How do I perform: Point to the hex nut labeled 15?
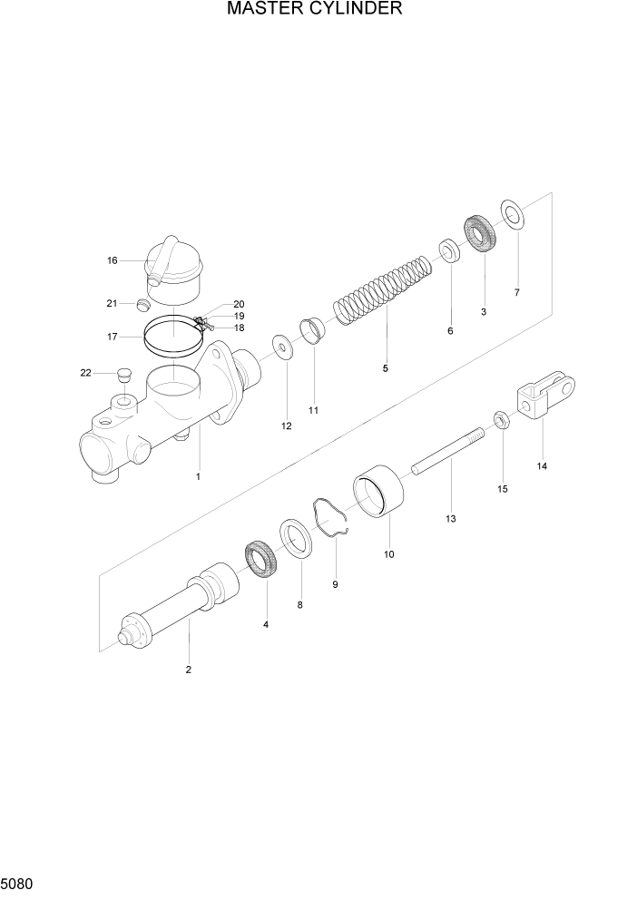pos(500,418)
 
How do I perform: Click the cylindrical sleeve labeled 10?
pos(380,494)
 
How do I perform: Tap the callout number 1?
pos(198,476)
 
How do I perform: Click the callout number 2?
pos(188,670)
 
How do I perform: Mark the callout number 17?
pos(113,337)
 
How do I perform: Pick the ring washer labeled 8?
pos(297,539)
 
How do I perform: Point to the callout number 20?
pos(239,304)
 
